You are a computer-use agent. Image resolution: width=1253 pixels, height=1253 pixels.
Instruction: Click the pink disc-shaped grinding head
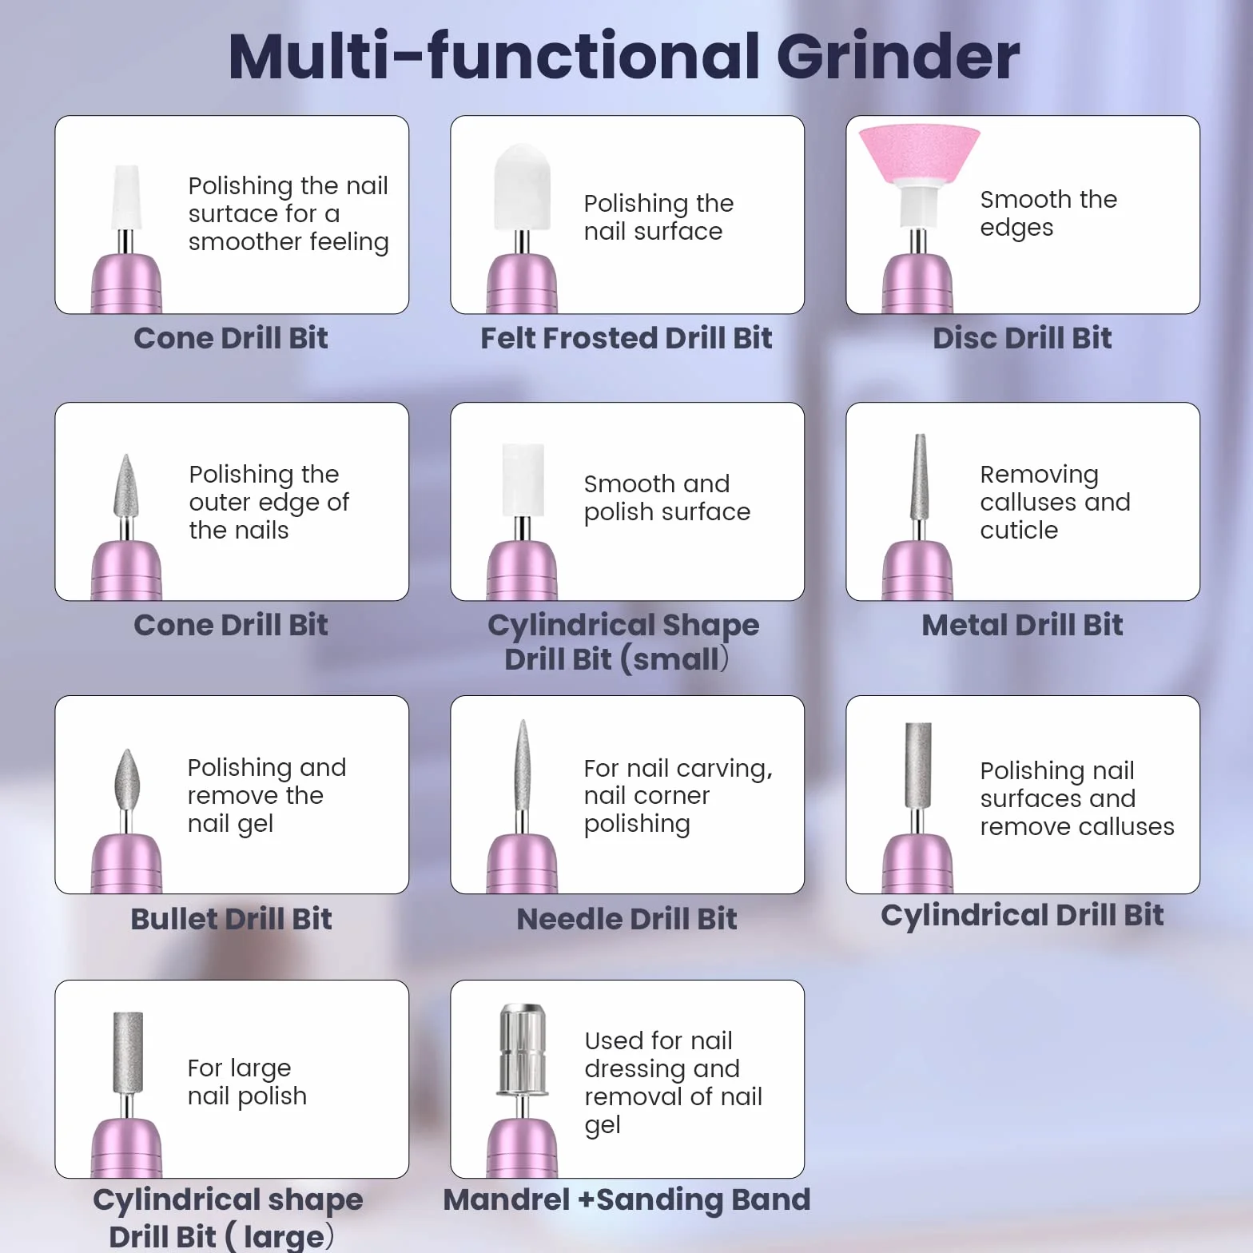click(x=919, y=153)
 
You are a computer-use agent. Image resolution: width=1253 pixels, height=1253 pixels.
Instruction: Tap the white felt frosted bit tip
click(x=523, y=187)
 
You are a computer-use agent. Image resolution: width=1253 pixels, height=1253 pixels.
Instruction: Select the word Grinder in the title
click(x=897, y=58)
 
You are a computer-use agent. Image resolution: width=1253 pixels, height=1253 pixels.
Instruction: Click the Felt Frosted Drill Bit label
click(x=626, y=338)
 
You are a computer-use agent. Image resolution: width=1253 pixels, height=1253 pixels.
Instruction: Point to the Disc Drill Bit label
click(x=1022, y=338)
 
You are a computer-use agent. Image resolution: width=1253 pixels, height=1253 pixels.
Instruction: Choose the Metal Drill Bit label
click(x=1022, y=625)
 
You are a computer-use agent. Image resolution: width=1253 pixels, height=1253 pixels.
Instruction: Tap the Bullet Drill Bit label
click(x=231, y=919)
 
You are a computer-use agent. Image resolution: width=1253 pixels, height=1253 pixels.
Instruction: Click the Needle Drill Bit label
click(x=626, y=919)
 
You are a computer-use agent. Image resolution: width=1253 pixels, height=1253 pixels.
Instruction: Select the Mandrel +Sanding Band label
click(x=626, y=1199)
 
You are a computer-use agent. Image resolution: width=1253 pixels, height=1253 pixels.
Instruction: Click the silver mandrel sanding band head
click(x=522, y=1048)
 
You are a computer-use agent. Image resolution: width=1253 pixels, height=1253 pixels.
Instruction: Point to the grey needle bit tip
click(x=522, y=764)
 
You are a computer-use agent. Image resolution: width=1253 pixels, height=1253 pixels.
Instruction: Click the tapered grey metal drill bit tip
click(x=920, y=476)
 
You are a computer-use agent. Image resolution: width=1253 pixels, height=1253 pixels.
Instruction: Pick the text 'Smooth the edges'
click(x=1048, y=213)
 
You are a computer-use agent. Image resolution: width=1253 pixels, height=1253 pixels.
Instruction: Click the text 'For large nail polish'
click(x=247, y=1082)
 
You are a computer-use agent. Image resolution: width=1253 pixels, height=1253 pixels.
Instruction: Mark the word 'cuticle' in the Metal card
click(x=1019, y=530)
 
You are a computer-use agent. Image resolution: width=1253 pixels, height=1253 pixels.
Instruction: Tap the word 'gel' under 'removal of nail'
click(x=603, y=1125)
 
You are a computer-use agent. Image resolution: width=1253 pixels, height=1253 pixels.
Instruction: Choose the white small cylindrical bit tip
click(x=523, y=479)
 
